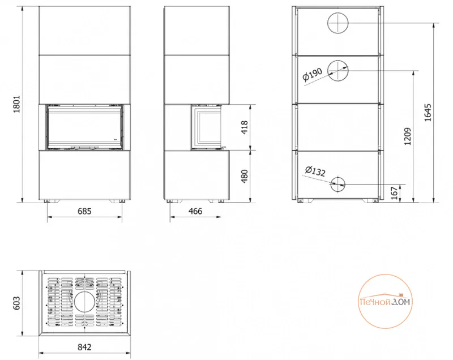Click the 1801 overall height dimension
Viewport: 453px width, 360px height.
[17, 104]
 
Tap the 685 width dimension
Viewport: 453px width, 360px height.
[84, 211]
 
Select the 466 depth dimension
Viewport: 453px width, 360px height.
[195, 211]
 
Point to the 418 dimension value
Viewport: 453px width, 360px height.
[245, 127]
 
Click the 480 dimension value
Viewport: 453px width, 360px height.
[245, 176]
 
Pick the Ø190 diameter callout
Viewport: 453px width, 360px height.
[313, 74]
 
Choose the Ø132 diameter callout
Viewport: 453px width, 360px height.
[315, 171]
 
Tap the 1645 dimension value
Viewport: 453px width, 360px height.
[428, 113]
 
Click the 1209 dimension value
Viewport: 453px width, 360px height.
[407, 136]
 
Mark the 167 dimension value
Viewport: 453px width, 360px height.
[394, 193]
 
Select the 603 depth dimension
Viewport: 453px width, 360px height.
[17, 303]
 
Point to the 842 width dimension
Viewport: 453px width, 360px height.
[84, 347]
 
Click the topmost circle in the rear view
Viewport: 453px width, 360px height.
[337, 23]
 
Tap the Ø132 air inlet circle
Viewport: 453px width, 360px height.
[337, 184]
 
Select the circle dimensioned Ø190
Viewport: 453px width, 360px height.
[337, 71]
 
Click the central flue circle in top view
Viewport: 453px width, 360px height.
[84, 302]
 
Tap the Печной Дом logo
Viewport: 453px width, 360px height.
[385, 301]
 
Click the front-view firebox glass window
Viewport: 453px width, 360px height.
[84, 127]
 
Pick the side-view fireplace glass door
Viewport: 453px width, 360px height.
[206, 127]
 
